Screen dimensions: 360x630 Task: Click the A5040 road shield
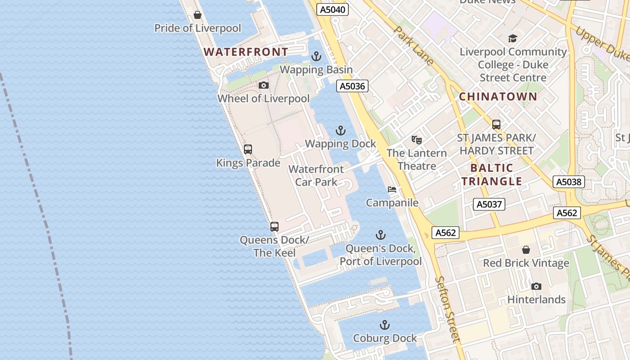(x=333, y=9)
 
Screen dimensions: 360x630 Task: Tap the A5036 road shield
(x=352, y=86)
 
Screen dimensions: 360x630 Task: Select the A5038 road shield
(x=569, y=182)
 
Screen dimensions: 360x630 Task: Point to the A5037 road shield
(x=489, y=204)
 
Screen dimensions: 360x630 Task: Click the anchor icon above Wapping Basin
(x=316, y=57)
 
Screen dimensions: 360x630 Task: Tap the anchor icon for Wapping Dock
(x=341, y=131)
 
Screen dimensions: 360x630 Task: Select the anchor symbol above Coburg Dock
(x=384, y=325)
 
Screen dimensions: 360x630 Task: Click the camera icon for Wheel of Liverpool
(x=264, y=85)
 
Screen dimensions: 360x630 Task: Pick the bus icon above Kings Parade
(x=247, y=149)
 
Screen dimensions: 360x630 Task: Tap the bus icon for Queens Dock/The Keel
(x=274, y=227)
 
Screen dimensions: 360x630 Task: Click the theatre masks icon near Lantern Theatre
(x=416, y=140)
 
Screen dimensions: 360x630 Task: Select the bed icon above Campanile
(x=392, y=190)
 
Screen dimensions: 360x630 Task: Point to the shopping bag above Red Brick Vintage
(x=526, y=250)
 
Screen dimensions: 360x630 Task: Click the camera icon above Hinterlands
(x=536, y=286)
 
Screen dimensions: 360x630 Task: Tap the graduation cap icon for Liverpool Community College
(x=513, y=38)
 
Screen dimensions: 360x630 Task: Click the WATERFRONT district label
(x=246, y=52)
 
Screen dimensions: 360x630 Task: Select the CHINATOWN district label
(x=498, y=96)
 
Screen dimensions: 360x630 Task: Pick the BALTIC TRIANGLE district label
(x=491, y=175)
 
